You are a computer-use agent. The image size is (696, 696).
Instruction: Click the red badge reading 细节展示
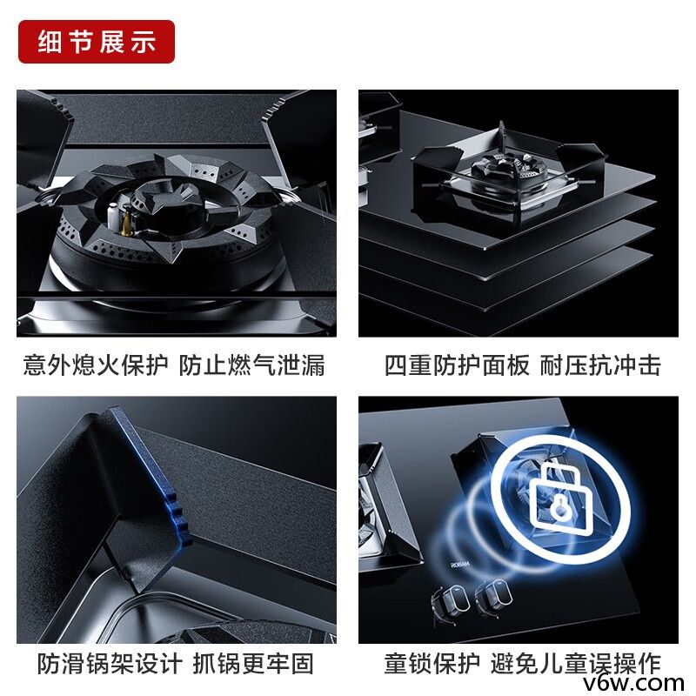(x=97, y=42)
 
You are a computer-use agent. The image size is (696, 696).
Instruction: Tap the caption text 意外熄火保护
(x=96, y=365)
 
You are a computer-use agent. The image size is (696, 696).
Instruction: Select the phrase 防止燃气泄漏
(x=252, y=365)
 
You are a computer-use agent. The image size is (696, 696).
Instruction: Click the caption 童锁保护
(x=432, y=664)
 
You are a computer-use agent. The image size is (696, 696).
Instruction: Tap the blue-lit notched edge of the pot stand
(x=174, y=487)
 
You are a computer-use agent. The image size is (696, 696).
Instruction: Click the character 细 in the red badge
(x=50, y=42)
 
